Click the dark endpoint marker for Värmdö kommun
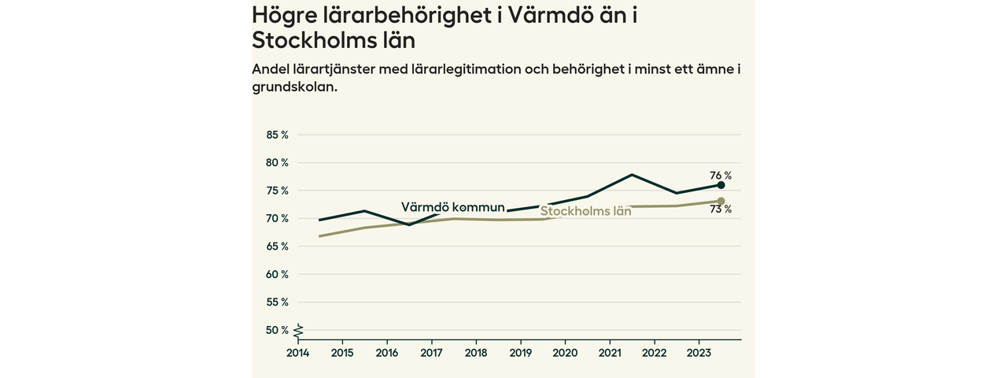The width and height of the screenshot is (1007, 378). click(x=721, y=185)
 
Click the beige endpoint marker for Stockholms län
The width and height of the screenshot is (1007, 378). click(x=721, y=202)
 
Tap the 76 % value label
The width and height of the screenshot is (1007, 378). click(x=721, y=175)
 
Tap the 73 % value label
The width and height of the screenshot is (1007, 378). click(x=721, y=209)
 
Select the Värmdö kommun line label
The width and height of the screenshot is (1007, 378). click(x=452, y=207)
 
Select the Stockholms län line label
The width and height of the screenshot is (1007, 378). click(x=585, y=211)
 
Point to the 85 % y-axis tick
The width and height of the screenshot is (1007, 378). click(x=278, y=135)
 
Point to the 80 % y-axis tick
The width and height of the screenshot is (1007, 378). click(x=278, y=163)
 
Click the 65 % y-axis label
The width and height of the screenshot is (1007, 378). click(x=278, y=246)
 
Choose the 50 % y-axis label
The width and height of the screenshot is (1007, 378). click(x=278, y=330)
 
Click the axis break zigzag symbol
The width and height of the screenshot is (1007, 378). click(x=299, y=330)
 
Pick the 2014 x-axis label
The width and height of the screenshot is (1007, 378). click(x=297, y=353)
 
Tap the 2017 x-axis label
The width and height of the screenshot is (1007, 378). click(x=431, y=353)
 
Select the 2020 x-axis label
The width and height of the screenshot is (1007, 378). click(x=565, y=353)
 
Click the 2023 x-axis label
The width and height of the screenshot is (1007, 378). click(x=699, y=353)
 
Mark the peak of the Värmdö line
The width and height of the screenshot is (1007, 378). click(x=632, y=174)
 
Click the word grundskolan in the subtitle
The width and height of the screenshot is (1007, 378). click(x=294, y=87)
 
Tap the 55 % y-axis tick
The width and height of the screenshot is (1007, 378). click(x=278, y=302)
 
